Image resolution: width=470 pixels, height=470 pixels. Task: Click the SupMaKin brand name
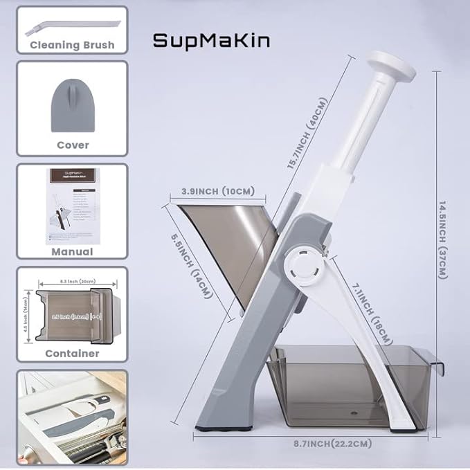coord(211,41)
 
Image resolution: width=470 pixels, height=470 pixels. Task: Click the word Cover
coord(72,145)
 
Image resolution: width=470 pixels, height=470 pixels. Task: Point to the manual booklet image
coord(71,206)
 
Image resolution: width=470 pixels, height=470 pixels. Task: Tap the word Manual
coord(72,252)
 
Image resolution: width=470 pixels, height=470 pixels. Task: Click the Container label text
coord(72,353)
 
